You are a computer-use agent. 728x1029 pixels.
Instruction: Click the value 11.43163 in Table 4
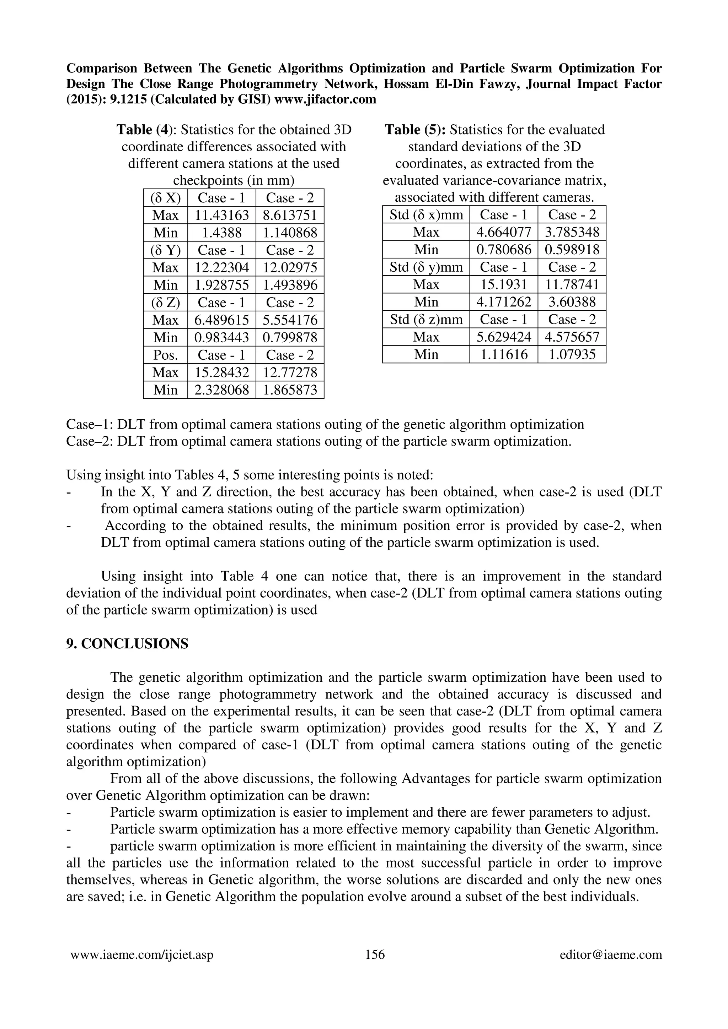(x=221, y=215)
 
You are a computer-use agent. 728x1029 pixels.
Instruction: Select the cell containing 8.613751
(x=290, y=215)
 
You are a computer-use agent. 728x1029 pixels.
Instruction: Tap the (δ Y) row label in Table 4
(x=166, y=250)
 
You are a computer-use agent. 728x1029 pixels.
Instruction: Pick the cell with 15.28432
(x=221, y=372)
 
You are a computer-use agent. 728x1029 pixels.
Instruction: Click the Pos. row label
(x=166, y=355)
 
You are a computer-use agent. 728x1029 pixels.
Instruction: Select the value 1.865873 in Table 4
(x=290, y=390)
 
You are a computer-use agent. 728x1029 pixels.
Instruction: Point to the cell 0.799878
(x=290, y=337)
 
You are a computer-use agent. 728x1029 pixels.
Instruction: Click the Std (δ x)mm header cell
(x=426, y=215)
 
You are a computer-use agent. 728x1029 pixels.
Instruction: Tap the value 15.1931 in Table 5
(x=504, y=284)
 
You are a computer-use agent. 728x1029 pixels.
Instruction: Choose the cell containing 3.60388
(x=572, y=302)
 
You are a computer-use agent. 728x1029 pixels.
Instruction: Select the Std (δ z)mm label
(x=426, y=320)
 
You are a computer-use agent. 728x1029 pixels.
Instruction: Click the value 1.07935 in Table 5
(x=572, y=354)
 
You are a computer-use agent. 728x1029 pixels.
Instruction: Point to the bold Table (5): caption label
(x=415, y=130)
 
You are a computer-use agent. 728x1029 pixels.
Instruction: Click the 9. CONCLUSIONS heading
(x=127, y=644)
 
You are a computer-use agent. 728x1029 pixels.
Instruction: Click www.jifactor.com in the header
(x=325, y=99)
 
